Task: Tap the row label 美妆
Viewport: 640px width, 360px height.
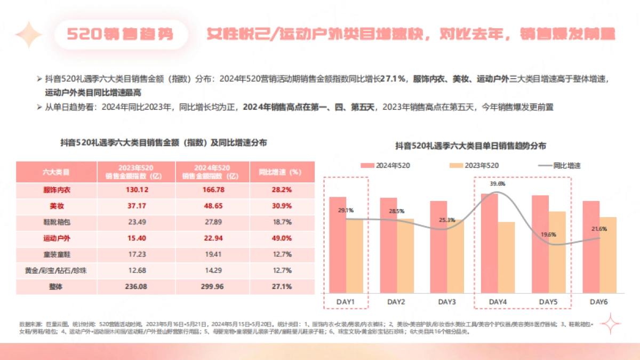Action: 56,205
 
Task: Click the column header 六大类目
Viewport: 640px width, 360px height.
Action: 56,172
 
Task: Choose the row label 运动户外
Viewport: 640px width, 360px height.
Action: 56,238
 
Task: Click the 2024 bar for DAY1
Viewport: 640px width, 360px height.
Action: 338,245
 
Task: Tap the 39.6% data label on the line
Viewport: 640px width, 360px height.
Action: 497,183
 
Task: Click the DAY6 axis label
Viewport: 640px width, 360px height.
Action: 599,302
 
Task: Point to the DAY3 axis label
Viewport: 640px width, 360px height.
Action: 447,302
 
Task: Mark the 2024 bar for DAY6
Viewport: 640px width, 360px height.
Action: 591,247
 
